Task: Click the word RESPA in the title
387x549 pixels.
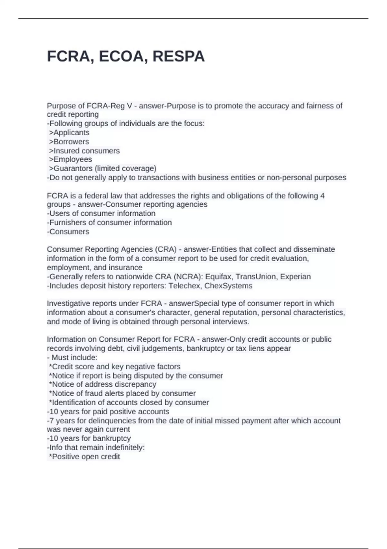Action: [178, 57]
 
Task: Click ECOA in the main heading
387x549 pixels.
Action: [121, 57]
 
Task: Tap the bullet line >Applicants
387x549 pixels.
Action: [69, 133]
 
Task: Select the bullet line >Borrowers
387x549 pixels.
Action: [69, 142]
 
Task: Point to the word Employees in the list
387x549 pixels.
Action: [73, 160]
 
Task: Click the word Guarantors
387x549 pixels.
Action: [73, 169]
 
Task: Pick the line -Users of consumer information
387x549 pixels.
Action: [101, 213]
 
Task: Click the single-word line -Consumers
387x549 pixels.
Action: [68, 232]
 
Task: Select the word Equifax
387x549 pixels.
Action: [219, 277]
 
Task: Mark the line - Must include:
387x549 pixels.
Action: [72, 357]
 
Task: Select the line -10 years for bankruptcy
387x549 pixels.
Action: [89, 439]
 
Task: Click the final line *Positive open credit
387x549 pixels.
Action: [84, 457]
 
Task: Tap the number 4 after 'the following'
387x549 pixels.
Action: [322, 196]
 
